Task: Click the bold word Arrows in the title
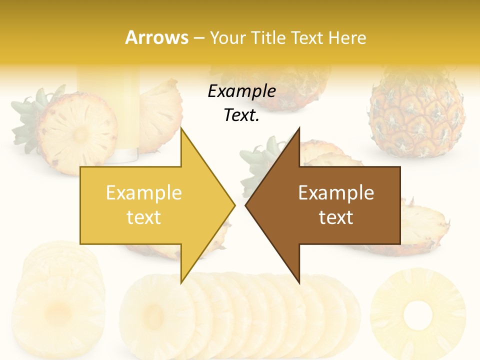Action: click(x=156, y=37)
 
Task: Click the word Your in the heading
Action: click(x=228, y=37)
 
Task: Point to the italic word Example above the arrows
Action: click(x=241, y=91)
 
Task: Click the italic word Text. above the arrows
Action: click(x=241, y=115)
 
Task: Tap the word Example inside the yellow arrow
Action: click(x=143, y=192)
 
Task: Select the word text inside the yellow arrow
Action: click(x=143, y=217)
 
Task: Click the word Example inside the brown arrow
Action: click(x=336, y=192)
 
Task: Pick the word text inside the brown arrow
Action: click(x=336, y=217)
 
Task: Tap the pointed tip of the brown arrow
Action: click(x=246, y=205)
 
